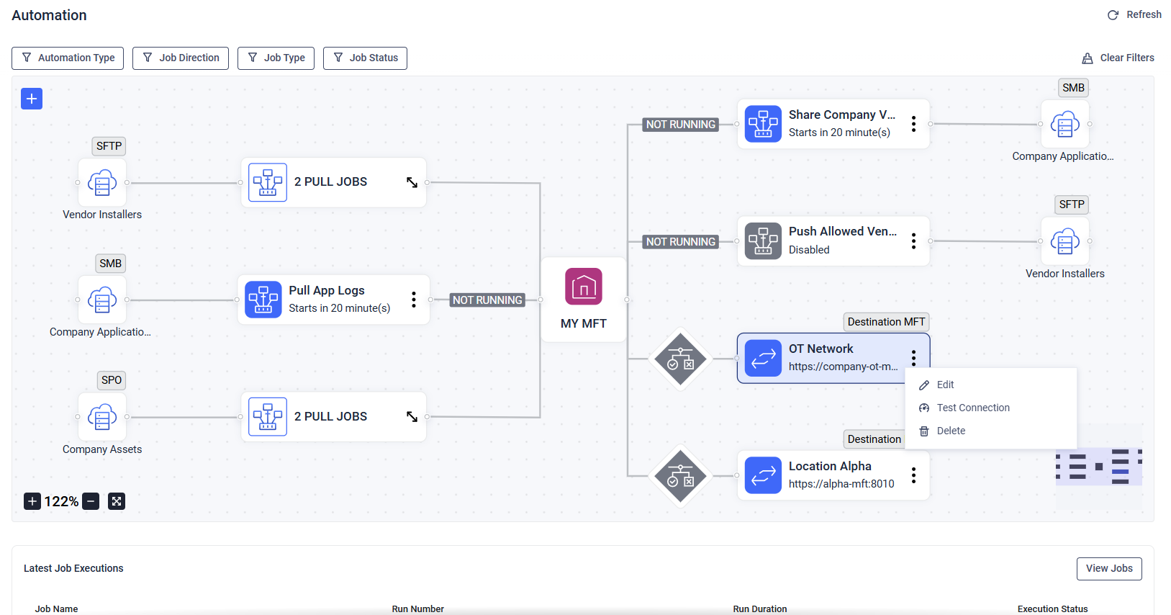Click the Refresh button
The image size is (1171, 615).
1134,15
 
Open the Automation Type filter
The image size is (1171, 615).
68,58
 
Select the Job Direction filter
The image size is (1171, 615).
181,58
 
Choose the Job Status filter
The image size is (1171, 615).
365,58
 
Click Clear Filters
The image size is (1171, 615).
1118,58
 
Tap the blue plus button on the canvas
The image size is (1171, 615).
32,99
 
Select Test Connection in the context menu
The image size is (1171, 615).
972,408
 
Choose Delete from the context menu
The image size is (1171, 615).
950,431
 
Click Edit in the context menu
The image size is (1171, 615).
944,385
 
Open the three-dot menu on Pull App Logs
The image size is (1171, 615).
413,300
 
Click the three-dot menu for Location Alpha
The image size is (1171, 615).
913,475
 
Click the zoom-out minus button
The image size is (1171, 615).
91,501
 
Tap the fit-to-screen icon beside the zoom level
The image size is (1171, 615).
117,501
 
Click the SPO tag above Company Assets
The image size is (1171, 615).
112,380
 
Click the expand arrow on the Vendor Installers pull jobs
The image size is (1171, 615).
412,182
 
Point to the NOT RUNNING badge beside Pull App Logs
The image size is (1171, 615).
487,300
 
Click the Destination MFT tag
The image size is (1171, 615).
886,322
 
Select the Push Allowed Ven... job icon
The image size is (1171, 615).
763,241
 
